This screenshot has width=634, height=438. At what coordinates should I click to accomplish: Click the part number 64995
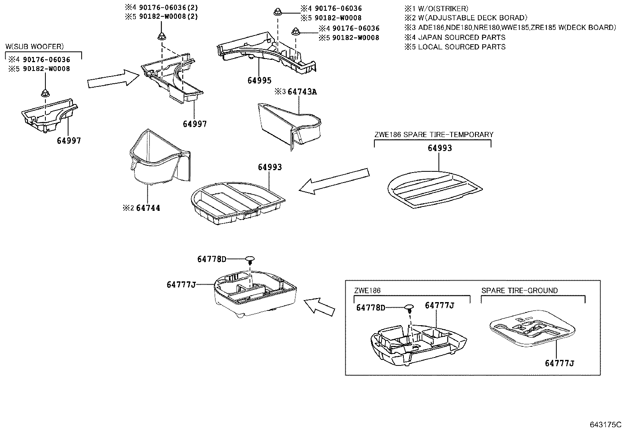coord(260,81)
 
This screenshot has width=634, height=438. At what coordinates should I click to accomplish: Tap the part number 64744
coord(148,208)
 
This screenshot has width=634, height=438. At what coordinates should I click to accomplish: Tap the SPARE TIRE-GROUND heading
coord(519,291)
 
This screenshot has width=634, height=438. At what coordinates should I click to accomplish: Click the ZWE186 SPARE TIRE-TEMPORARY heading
coord(433,135)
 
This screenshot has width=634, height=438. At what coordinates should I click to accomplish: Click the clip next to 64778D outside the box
coord(250,259)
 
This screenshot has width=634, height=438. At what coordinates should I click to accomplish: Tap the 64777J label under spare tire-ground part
coord(560,363)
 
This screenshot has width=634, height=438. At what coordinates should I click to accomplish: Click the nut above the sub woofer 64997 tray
coord(45,94)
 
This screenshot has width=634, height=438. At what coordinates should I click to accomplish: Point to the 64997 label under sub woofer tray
coord(68,141)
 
